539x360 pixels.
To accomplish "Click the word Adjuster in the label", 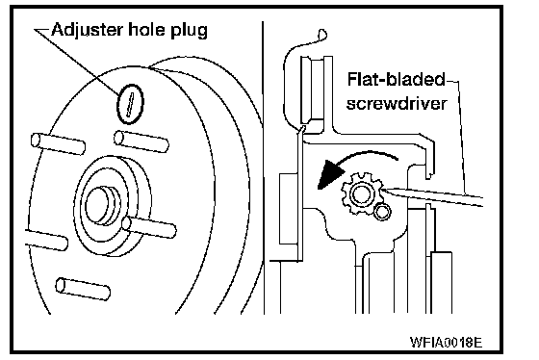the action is [x=88, y=30].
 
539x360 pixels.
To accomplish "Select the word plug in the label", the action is [x=189, y=31].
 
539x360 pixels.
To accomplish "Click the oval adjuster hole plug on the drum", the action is [x=130, y=104].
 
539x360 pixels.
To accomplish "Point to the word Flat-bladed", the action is [x=397, y=80].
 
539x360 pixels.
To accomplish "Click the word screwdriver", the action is [x=397, y=104].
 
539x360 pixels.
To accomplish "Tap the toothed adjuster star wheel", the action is [x=362, y=193].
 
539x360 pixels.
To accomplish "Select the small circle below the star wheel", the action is [x=382, y=212].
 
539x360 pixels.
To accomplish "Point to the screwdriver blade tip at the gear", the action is [x=382, y=189].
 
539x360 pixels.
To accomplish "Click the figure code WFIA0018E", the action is [x=447, y=342].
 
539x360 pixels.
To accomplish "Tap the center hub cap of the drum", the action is [x=101, y=206].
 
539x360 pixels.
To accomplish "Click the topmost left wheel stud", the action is [x=58, y=143].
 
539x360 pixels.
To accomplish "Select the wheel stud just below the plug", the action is [x=141, y=141].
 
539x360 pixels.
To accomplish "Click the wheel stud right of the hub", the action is [x=149, y=227].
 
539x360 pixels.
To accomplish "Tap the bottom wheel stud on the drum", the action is [x=83, y=289].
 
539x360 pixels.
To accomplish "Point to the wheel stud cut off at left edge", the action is [x=46, y=240].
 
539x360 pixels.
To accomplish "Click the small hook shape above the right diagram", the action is [x=322, y=35].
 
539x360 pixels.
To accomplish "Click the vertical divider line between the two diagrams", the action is [x=264, y=167].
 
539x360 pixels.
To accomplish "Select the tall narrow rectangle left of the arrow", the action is [x=289, y=209].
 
